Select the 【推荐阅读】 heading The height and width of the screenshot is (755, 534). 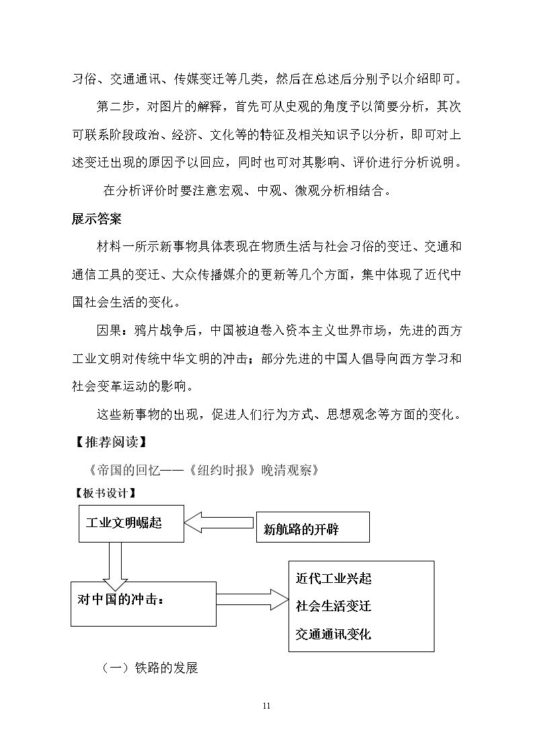[108, 442]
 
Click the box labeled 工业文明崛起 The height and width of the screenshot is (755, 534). [131, 523]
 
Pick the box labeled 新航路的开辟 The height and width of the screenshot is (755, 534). [312, 528]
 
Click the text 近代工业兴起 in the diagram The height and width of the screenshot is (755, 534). [333, 578]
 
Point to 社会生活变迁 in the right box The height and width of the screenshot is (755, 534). [333, 605]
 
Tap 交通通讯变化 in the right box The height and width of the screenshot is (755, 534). [333, 633]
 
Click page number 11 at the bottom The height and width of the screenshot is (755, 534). [266, 706]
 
